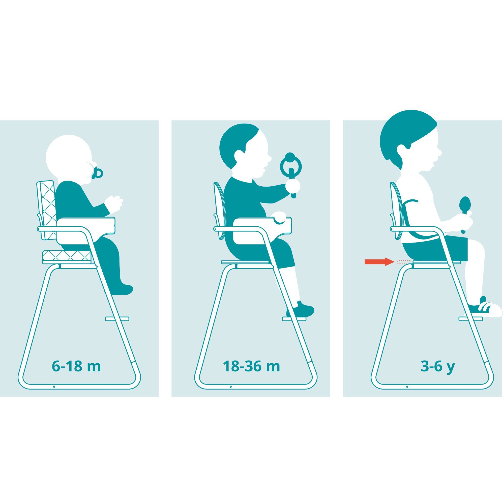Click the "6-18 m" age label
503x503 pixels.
click(76, 367)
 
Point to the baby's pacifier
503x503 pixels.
click(97, 173)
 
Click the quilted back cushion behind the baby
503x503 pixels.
click(47, 210)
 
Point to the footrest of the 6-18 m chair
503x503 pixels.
click(117, 319)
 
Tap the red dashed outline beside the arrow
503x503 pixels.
click(404, 262)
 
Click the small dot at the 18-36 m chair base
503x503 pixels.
click(231, 387)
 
